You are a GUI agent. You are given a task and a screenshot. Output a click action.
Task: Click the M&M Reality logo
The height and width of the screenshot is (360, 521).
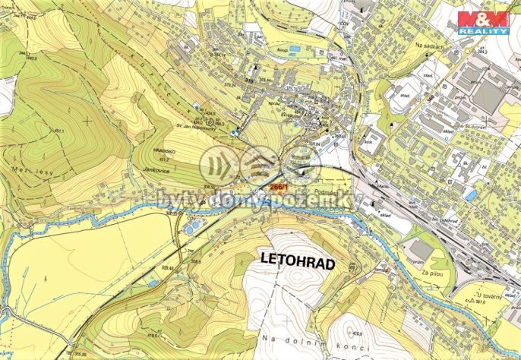coord(483,23)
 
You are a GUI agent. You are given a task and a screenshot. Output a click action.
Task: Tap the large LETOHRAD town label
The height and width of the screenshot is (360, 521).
coord(298,259)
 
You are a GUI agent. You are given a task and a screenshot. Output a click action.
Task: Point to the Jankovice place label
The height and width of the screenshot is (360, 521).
coord(156,174)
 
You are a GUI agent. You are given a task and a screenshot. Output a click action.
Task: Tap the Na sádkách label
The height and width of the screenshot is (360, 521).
coord(430,46)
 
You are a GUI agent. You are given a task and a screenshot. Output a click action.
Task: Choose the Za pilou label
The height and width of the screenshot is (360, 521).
coord(432,272)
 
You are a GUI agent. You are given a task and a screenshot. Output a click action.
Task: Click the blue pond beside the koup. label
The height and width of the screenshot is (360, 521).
coord(294,49)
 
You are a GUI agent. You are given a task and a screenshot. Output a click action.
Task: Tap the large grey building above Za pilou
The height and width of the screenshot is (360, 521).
coord(422,248)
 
